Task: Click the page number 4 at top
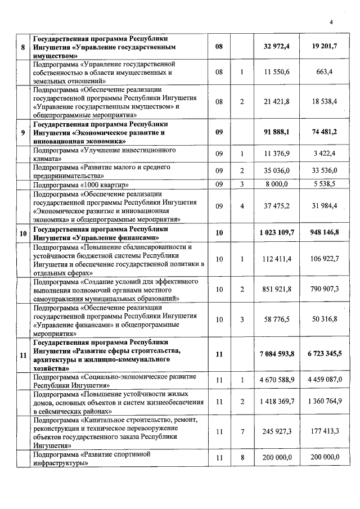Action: [x=331, y=22]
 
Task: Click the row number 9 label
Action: [x=22, y=133]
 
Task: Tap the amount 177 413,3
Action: [x=325, y=432]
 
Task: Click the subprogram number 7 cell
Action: [x=242, y=432]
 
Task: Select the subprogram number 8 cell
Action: [x=242, y=458]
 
